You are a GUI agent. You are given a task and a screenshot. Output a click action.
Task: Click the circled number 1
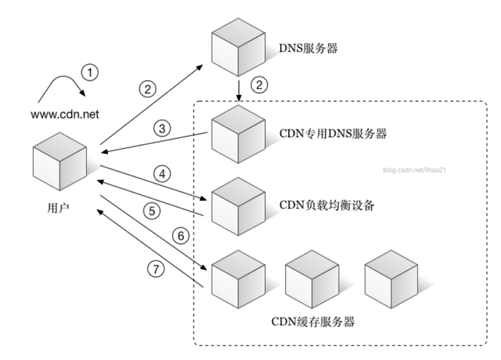(89, 72)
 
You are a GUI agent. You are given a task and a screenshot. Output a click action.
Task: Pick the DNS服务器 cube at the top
(238, 50)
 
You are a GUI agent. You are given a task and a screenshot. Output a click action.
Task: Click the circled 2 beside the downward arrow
(257, 84)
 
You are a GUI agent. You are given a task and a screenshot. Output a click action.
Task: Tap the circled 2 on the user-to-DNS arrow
(147, 89)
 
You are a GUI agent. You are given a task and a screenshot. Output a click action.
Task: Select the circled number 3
(163, 129)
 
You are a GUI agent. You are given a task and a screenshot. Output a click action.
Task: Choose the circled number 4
(163, 174)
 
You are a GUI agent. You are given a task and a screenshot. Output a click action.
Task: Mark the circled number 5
(151, 211)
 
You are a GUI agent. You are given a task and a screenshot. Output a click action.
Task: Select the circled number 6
(181, 235)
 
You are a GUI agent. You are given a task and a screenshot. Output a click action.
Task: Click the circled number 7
(155, 269)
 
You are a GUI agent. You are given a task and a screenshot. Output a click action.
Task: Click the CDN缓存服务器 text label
(314, 321)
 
